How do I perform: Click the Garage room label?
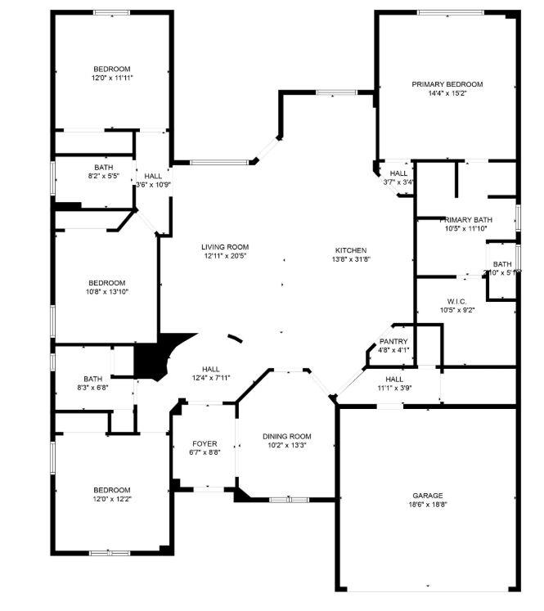click(427, 496)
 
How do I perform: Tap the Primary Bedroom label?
click(447, 84)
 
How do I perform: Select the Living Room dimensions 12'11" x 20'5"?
click(225, 256)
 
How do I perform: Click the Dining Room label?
click(287, 436)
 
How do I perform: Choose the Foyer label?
click(205, 444)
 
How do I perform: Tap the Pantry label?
click(393, 341)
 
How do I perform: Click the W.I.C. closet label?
click(456, 301)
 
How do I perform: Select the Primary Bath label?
click(466, 220)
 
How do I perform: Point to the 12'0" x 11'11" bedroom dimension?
click(112, 78)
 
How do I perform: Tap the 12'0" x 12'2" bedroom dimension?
click(111, 499)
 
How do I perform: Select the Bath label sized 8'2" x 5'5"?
click(103, 167)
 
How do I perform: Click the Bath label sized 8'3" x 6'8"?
click(92, 379)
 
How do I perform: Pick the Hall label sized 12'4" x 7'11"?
click(211, 368)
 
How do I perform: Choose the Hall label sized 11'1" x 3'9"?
click(394, 379)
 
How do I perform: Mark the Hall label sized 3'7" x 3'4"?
click(398, 173)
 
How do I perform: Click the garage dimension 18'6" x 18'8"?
click(427, 505)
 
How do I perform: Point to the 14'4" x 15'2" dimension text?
click(447, 93)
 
